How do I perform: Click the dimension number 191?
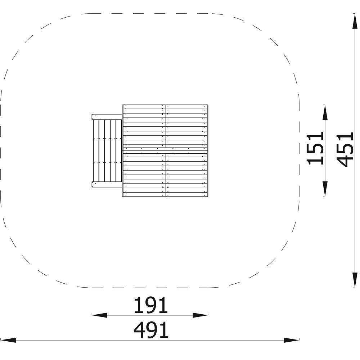[151, 305]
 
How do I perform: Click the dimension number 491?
[151, 330]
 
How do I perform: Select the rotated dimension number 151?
[315, 148]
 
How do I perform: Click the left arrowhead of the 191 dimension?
[99, 315]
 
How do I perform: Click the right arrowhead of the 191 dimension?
[200, 315]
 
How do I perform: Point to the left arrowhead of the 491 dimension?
[8, 340]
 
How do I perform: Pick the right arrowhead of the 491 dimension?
[291, 340]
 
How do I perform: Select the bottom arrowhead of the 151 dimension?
[325, 189]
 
